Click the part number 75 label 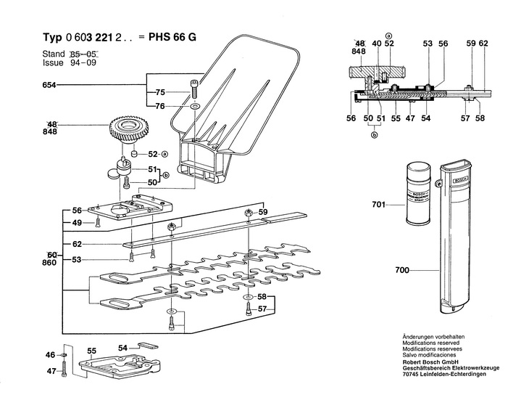161,92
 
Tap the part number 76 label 161,107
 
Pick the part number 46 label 50,355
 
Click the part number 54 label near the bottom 123,348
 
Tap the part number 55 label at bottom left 91,351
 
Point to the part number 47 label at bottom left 50,371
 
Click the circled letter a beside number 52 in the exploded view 164,154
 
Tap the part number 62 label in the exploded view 77,244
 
